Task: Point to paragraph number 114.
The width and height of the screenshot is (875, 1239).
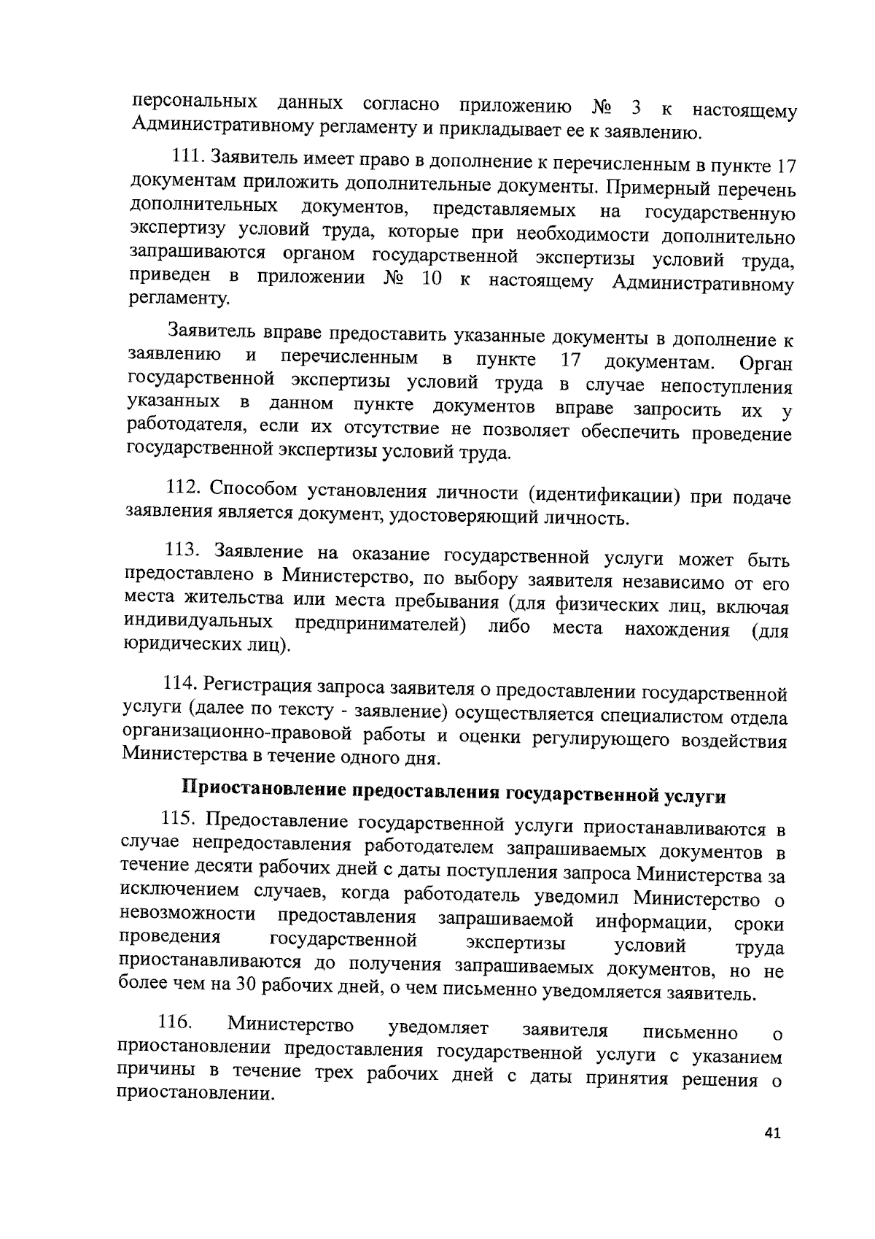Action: [x=179, y=683]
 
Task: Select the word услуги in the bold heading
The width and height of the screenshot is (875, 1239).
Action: [x=695, y=796]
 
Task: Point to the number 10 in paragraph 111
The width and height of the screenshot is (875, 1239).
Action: [x=431, y=279]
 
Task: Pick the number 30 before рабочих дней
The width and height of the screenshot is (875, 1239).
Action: [x=244, y=984]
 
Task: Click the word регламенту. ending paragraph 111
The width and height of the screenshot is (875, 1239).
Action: [x=179, y=298]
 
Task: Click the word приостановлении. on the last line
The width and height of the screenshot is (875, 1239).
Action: [x=196, y=1095]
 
